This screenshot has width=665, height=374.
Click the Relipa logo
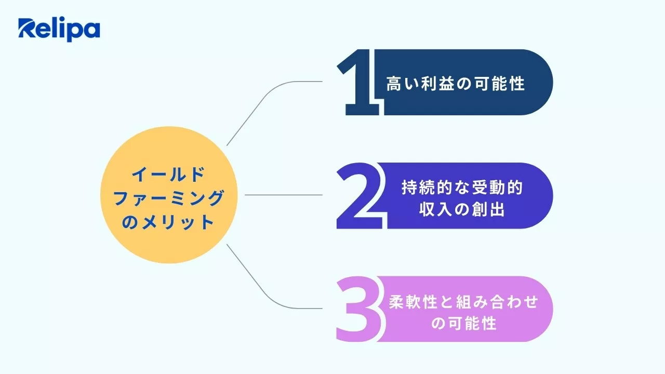pyautogui.click(x=59, y=30)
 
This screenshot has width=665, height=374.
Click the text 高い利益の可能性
pyautogui.click(x=455, y=84)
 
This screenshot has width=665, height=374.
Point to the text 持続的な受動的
pyautogui.click(x=461, y=188)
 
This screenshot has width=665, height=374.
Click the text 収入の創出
pyautogui.click(x=461, y=211)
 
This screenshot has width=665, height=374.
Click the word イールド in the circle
pyautogui.click(x=168, y=175)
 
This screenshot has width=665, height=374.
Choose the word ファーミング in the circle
pyautogui.click(x=168, y=198)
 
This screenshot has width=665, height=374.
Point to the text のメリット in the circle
pyautogui.click(x=168, y=222)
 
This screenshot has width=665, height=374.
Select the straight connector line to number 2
pyautogui.click(x=283, y=195)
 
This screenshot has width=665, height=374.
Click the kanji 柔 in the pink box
pyautogui.click(x=397, y=302)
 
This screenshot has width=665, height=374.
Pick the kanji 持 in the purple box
pyautogui.click(x=409, y=188)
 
